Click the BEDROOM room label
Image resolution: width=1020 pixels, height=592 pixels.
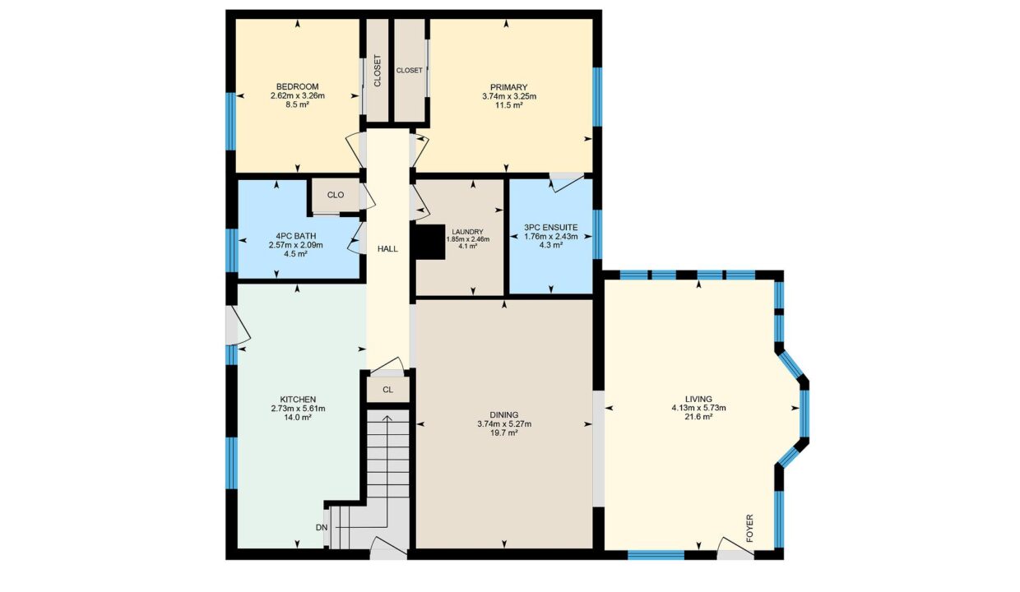tap(297, 86)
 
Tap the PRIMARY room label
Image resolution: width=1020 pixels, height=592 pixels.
tap(508, 87)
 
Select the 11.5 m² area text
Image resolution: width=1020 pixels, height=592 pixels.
tap(508, 105)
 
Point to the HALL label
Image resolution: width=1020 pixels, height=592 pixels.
tap(387, 249)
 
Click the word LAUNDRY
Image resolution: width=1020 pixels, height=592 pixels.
tap(468, 232)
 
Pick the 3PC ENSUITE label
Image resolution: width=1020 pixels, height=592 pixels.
tap(550, 228)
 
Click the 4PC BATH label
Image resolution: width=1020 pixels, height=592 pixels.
tap(295, 236)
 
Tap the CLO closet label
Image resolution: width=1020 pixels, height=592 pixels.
tap(336, 195)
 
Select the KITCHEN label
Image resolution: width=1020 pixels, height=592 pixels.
tap(298, 400)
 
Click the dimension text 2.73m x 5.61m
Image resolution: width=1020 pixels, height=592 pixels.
tap(298, 408)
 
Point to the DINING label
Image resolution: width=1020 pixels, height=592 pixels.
tap(504, 415)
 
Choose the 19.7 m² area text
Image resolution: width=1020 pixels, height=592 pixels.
tap(504, 432)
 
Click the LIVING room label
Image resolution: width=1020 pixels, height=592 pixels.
tap(698, 400)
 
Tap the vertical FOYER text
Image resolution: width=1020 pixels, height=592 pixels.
tap(749, 529)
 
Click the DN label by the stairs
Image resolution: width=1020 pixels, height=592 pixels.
tap(322, 528)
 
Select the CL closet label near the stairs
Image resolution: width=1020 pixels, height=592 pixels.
tap(387, 390)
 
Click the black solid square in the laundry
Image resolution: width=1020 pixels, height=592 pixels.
tap(429, 242)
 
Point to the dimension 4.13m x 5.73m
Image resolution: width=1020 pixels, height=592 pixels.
tap(698, 408)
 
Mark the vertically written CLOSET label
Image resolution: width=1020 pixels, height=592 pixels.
tap(377, 71)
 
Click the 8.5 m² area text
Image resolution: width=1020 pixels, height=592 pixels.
tap(297, 104)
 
